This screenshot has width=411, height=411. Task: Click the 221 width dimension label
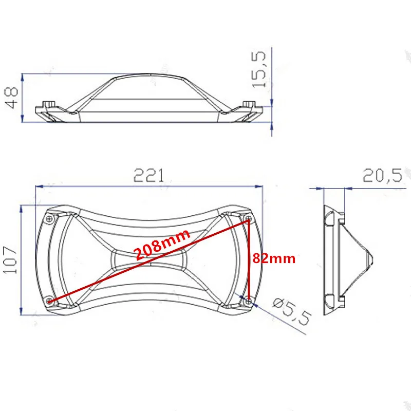[148, 176]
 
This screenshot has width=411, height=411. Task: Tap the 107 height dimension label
[11, 260]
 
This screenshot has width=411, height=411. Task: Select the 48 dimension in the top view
[12, 98]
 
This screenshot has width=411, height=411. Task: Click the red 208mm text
[162, 245]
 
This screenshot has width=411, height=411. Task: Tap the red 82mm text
[273, 259]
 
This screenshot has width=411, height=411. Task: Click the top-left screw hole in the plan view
[49, 219]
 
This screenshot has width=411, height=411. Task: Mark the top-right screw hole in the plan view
[248, 220]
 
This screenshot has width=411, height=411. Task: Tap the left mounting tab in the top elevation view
[49, 105]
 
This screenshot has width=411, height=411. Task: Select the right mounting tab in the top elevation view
[249, 105]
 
